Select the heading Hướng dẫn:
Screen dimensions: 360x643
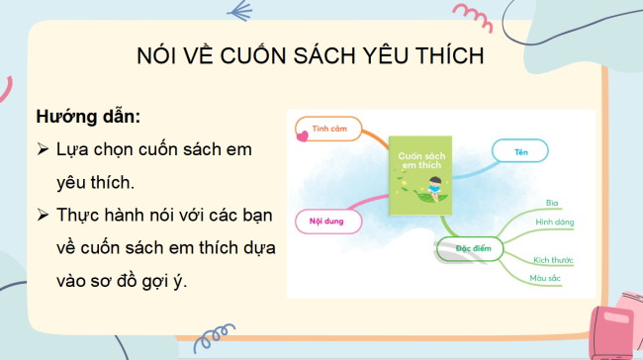[x=88, y=116]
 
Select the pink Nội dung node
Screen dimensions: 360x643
[x=326, y=221]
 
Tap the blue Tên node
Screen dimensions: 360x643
[x=519, y=152]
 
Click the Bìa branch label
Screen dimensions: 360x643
[x=553, y=203]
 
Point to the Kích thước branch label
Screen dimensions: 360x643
[x=552, y=259]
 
